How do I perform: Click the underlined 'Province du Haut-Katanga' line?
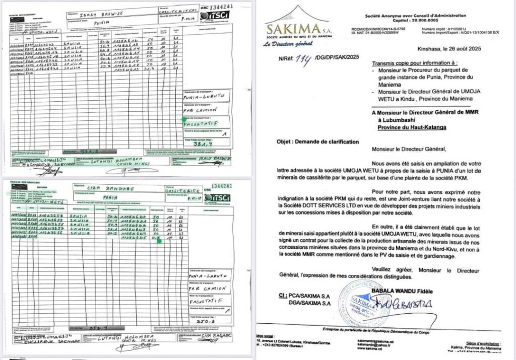click(x=412, y=128)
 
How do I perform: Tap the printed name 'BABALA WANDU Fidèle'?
click(x=417, y=292)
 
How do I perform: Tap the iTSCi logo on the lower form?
click(x=217, y=198)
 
